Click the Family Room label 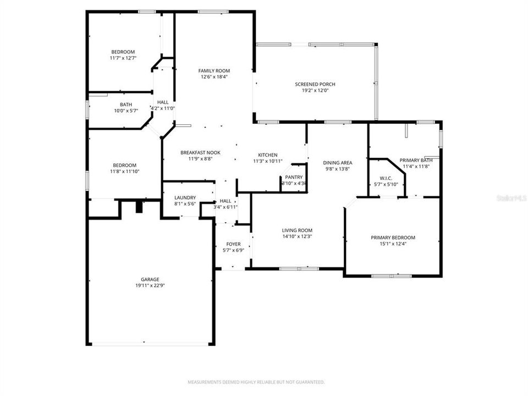[214, 70]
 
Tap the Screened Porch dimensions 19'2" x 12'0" [315, 91]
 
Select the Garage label [150, 279]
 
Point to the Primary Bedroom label [393, 238]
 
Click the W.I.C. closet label [385, 178]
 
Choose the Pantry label [294, 177]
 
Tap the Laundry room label [185, 197]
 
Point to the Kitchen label [268, 155]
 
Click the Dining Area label [338, 163]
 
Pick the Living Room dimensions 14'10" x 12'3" [297, 237]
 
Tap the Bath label [126, 105]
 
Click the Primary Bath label [416, 160]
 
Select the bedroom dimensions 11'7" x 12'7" [123, 58]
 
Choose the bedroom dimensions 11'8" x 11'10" [124, 172]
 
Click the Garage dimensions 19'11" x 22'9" [150, 286]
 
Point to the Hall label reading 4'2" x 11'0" [163, 108]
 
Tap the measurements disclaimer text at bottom [256, 382]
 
